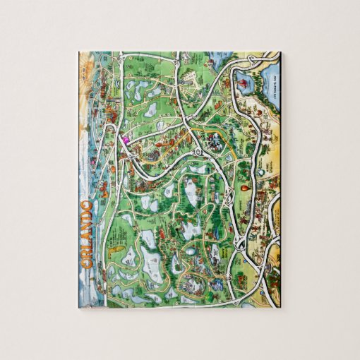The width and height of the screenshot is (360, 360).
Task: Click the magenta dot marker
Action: tap(125, 140)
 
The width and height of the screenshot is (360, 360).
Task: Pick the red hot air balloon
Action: tap(242, 190)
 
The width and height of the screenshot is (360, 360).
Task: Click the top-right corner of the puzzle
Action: tap(280, 51)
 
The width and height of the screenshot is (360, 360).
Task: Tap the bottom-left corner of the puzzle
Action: tap(78, 308)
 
